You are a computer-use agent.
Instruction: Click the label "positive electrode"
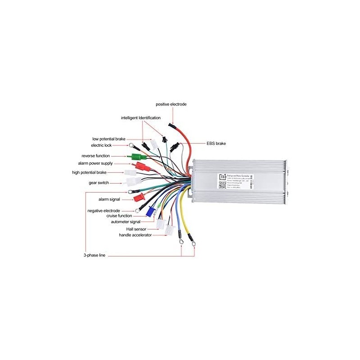(x=171, y=104)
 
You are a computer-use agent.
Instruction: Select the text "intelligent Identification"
(x=140, y=118)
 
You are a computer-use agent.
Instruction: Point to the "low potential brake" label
(x=108, y=139)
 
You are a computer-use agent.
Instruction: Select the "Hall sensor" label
(x=136, y=229)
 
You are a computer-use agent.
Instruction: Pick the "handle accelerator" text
(x=135, y=235)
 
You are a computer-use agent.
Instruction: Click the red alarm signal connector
(x=138, y=197)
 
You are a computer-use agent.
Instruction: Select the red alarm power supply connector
(x=143, y=166)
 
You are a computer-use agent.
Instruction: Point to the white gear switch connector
(x=134, y=182)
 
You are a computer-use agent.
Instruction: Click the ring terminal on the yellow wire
(x=194, y=244)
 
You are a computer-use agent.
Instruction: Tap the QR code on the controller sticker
(x=222, y=185)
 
